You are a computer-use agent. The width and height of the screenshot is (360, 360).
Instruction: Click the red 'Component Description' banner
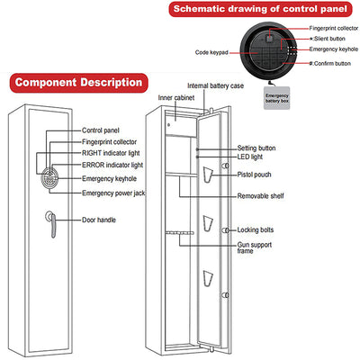point(79,83)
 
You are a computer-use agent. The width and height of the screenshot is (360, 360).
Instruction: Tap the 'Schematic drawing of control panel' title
point(260,9)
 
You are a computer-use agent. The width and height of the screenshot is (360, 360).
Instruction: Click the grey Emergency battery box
point(276,98)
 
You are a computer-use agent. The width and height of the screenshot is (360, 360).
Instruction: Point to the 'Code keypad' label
point(211,52)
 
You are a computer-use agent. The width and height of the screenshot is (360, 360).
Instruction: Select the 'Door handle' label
point(99,220)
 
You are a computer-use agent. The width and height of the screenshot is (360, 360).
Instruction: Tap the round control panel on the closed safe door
point(49,178)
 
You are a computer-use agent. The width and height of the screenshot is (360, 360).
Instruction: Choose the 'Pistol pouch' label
point(254,175)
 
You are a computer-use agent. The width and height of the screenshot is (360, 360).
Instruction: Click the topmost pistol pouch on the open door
point(208,175)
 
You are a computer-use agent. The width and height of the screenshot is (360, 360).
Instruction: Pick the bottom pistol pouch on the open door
point(208,278)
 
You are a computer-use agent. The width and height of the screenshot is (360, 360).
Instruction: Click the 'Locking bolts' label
point(256,230)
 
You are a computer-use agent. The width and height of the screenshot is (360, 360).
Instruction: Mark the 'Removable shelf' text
point(260,196)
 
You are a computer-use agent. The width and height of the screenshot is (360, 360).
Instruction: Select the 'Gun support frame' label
point(255,247)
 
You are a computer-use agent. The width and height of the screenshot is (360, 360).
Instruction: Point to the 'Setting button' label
point(256,148)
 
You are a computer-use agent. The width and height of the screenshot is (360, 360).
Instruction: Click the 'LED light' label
point(250,157)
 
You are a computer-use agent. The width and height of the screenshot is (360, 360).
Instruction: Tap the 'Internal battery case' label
point(215,86)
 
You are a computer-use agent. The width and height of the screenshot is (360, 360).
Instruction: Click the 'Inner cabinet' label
point(176,98)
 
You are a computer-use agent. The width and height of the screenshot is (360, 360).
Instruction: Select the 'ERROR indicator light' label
point(112,166)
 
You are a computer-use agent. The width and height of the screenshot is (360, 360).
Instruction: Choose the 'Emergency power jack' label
point(113,193)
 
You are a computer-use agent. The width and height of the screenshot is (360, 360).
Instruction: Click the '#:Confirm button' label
point(330,63)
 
